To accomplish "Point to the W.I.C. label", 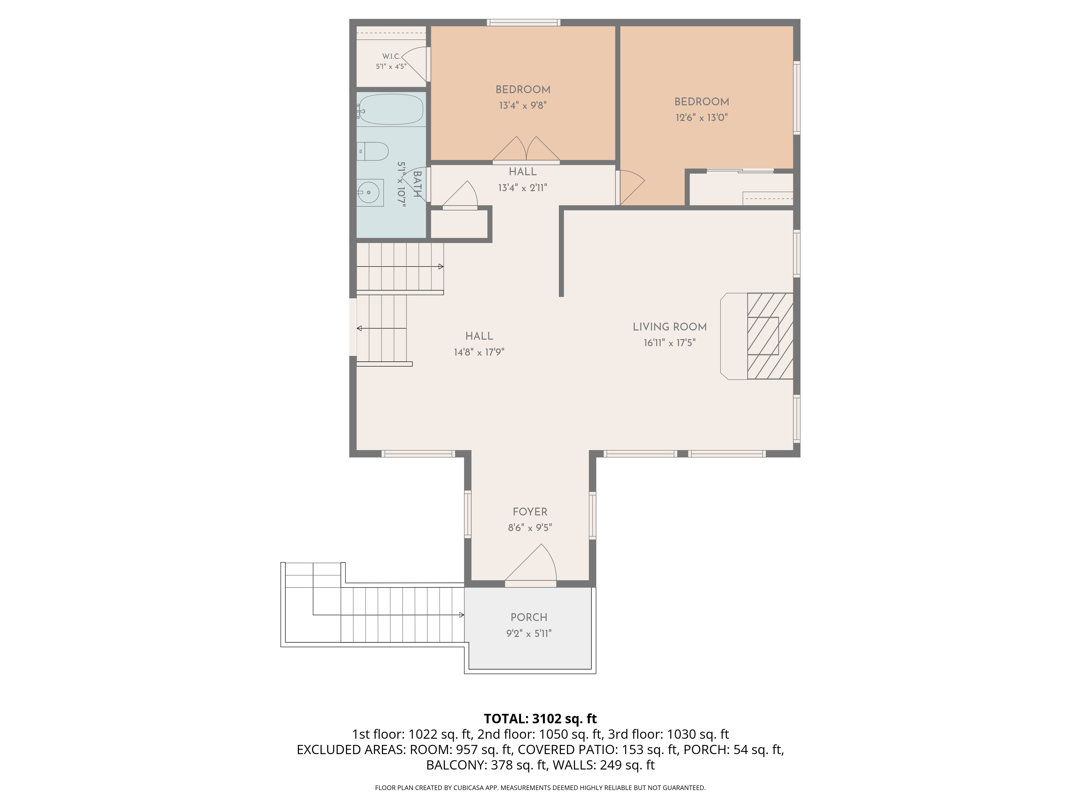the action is [391, 57].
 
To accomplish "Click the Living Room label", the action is [669, 327].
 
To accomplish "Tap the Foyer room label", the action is [530, 512].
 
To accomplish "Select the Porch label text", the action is [529, 618].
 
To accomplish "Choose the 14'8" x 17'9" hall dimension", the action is [479, 352].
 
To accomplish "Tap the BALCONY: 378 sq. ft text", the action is [486, 765].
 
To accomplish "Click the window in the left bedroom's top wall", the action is [523, 22].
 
